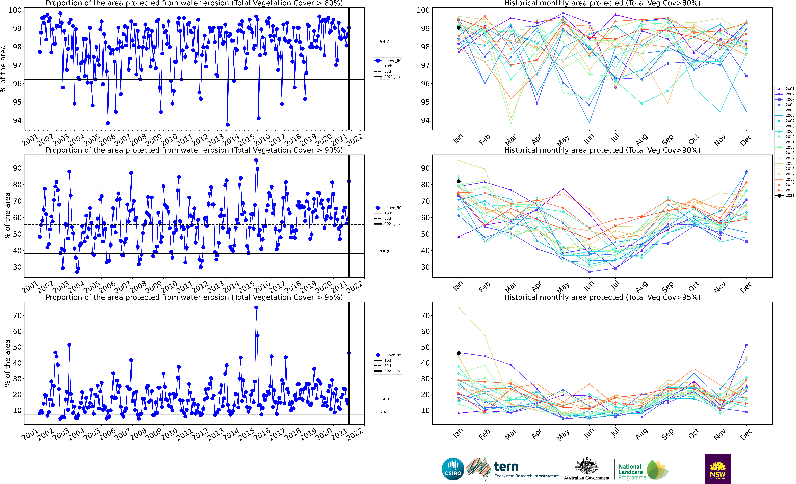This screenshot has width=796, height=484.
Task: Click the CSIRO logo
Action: (453, 469)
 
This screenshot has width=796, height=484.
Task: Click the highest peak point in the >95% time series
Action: (256, 308)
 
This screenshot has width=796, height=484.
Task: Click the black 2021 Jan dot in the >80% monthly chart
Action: (458, 28)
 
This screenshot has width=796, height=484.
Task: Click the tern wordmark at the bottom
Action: (506, 467)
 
